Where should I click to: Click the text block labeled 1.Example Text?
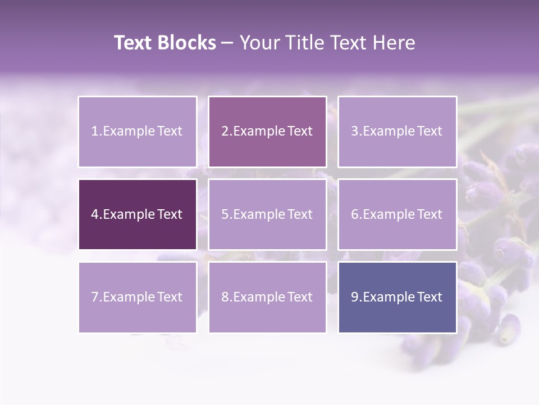pyautogui.click(x=137, y=132)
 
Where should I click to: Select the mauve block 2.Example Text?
pyautogui.click(x=267, y=132)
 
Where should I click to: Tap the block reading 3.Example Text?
pyautogui.click(x=397, y=132)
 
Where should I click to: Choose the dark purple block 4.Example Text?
pyautogui.click(x=137, y=214)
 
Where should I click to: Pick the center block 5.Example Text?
pyautogui.click(x=267, y=214)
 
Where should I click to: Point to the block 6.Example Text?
pyautogui.click(x=397, y=214)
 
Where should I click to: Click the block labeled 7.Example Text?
pyautogui.click(x=137, y=297)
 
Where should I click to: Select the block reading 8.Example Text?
pyautogui.click(x=267, y=297)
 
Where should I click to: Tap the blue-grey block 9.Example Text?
pyautogui.click(x=397, y=297)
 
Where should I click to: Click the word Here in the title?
pyautogui.click(x=396, y=43)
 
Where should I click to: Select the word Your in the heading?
pyautogui.click(x=258, y=43)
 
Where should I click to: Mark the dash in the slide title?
pyautogui.click(x=227, y=43)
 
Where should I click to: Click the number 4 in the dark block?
pyautogui.click(x=95, y=214)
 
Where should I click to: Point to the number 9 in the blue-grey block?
pyautogui.click(x=355, y=297)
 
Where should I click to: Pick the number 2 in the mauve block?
pyautogui.click(x=225, y=132)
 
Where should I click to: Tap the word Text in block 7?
pyautogui.click(x=170, y=297)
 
